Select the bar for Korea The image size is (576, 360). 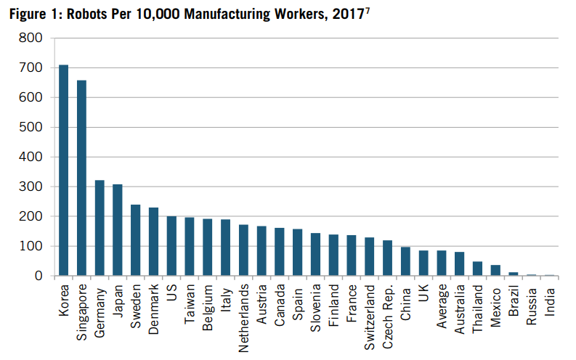click(x=64, y=171)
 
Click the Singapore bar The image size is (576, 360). click(x=81, y=178)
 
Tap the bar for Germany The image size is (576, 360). click(x=100, y=228)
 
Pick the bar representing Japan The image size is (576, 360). click(x=118, y=230)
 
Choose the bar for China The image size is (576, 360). click(x=405, y=261)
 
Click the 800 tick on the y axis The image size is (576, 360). click(x=31, y=38)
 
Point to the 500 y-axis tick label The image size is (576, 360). click(x=31, y=127)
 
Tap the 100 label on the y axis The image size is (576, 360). click(x=31, y=246)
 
